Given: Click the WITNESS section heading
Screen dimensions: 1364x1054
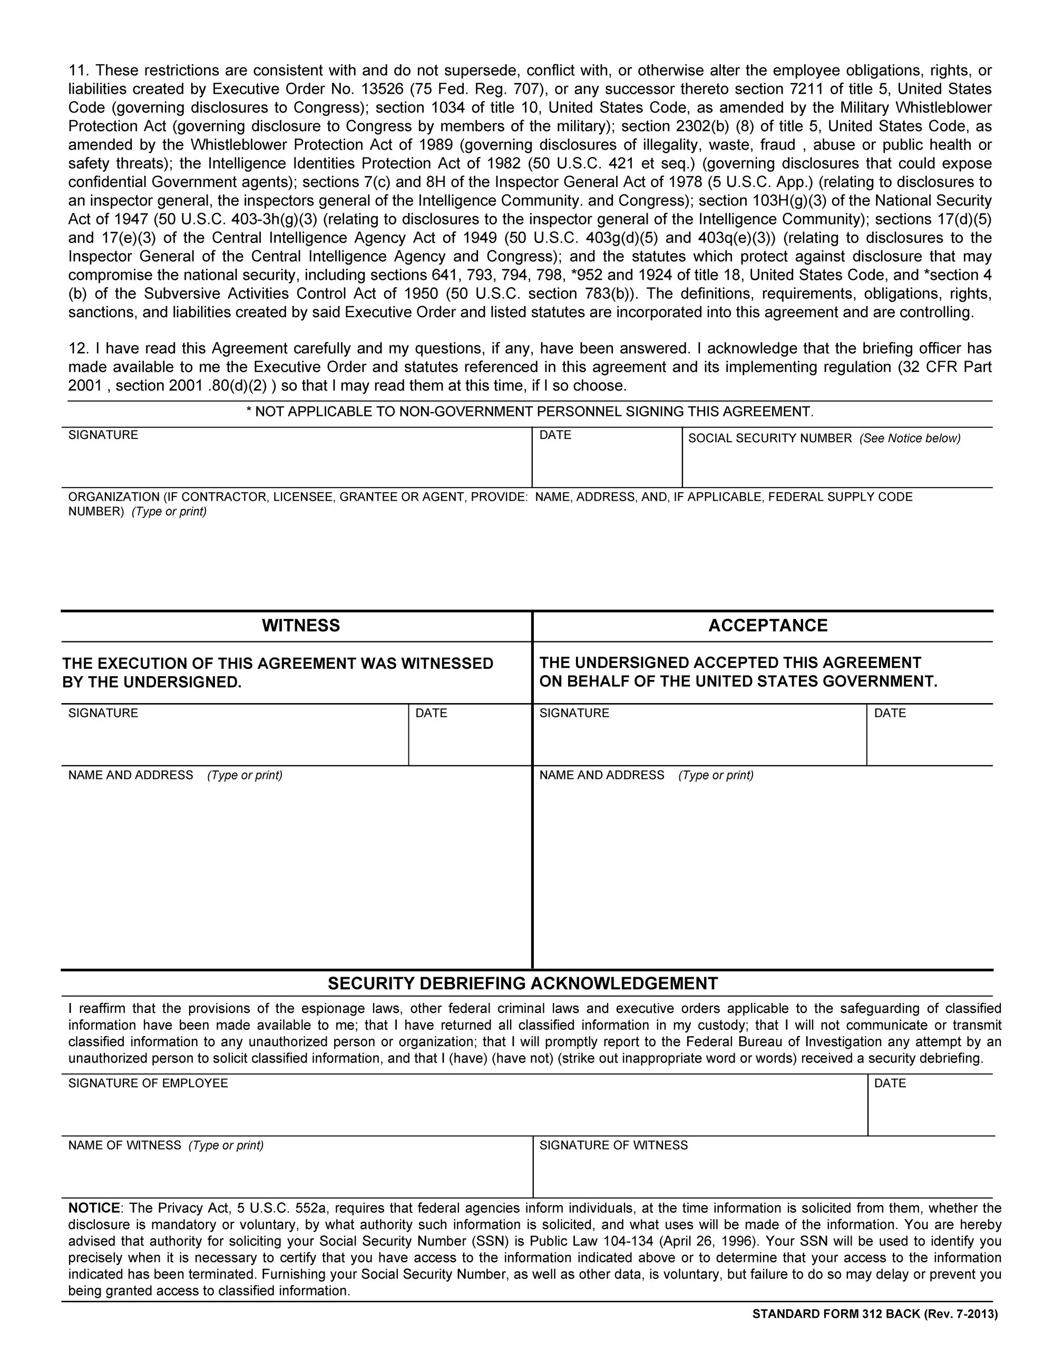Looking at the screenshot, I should [x=300, y=626].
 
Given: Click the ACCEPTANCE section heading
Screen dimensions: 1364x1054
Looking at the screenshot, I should [x=767, y=626].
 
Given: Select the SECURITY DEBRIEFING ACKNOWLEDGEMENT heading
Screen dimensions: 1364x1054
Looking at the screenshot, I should [x=523, y=983].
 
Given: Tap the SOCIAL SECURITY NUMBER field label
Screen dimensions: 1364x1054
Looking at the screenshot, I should [x=770, y=439].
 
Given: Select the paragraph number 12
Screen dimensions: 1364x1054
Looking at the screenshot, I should [x=77, y=348].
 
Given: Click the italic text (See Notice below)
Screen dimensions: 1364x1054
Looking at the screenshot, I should [x=910, y=439].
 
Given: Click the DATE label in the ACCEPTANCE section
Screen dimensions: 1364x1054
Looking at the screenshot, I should [x=890, y=713].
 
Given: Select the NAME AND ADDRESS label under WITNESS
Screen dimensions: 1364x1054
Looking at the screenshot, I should [x=131, y=775].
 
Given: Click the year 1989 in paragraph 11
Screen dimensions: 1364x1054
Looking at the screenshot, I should [x=435, y=145].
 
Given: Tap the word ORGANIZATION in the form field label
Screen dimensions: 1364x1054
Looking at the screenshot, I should [x=113, y=497].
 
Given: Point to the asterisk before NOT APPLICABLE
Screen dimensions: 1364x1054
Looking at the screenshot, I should [x=249, y=412].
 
